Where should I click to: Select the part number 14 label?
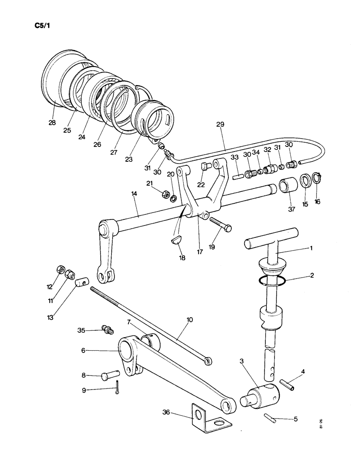(x=134, y=195)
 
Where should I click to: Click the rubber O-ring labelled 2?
(x=273, y=280)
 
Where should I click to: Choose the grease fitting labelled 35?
(x=108, y=330)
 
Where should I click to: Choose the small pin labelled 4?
(x=287, y=384)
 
